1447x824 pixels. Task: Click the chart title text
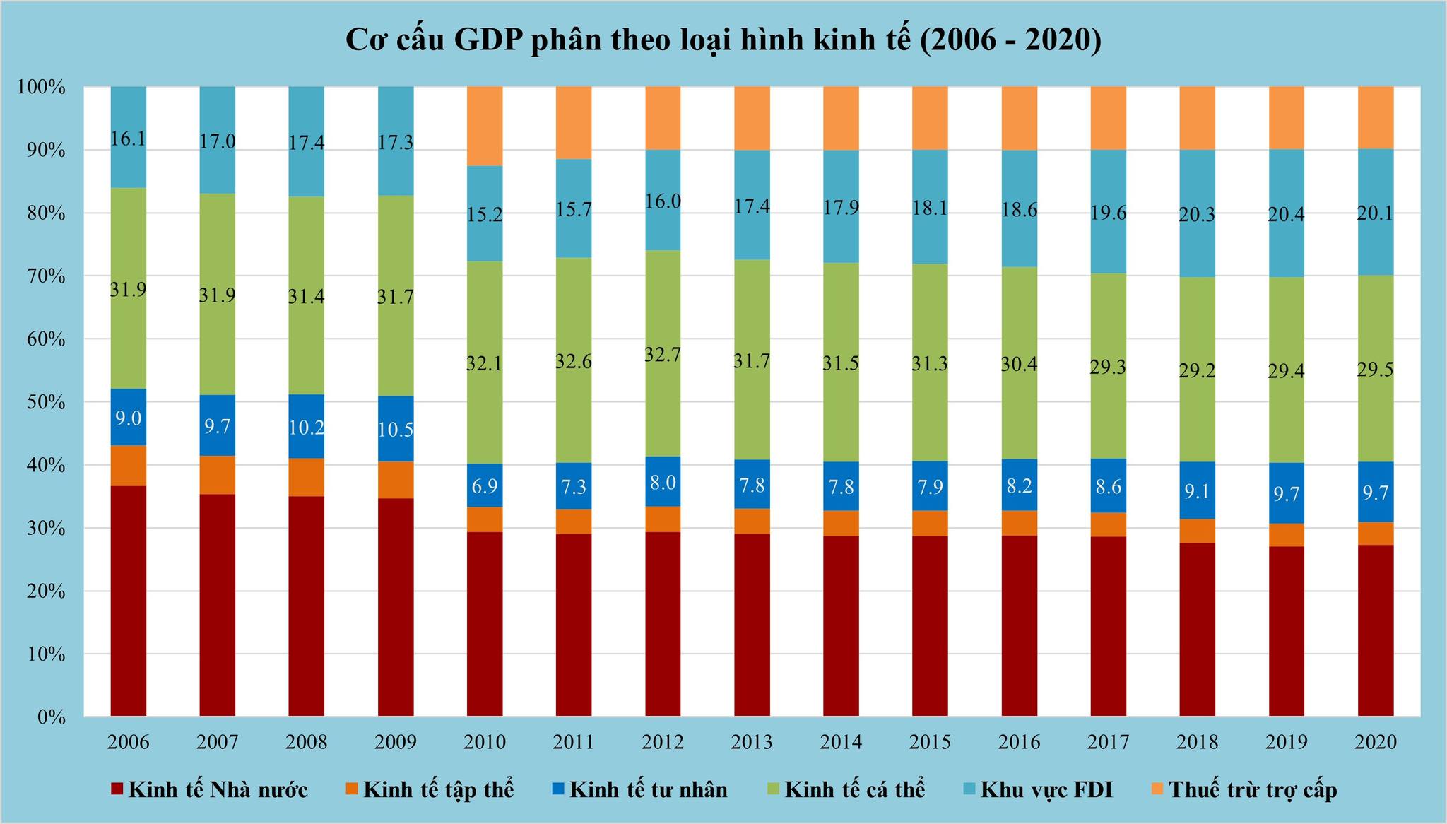coord(723,41)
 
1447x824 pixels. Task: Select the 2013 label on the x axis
coord(752,741)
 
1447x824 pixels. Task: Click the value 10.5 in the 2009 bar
coord(396,430)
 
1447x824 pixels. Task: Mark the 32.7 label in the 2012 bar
coord(663,355)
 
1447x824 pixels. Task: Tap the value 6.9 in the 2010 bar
coord(485,486)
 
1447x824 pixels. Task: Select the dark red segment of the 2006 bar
coord(129,601)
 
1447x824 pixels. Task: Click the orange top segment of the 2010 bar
coord(485,126)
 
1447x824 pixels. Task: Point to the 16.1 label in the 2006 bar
coord(129,139)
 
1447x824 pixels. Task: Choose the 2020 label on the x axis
coord(1375,741)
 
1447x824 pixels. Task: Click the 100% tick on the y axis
coord(42,88)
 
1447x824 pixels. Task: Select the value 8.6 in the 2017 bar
coord(1108,486)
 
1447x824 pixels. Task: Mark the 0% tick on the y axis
coord(52,718)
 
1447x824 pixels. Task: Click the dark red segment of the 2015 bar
coord(930,626)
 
